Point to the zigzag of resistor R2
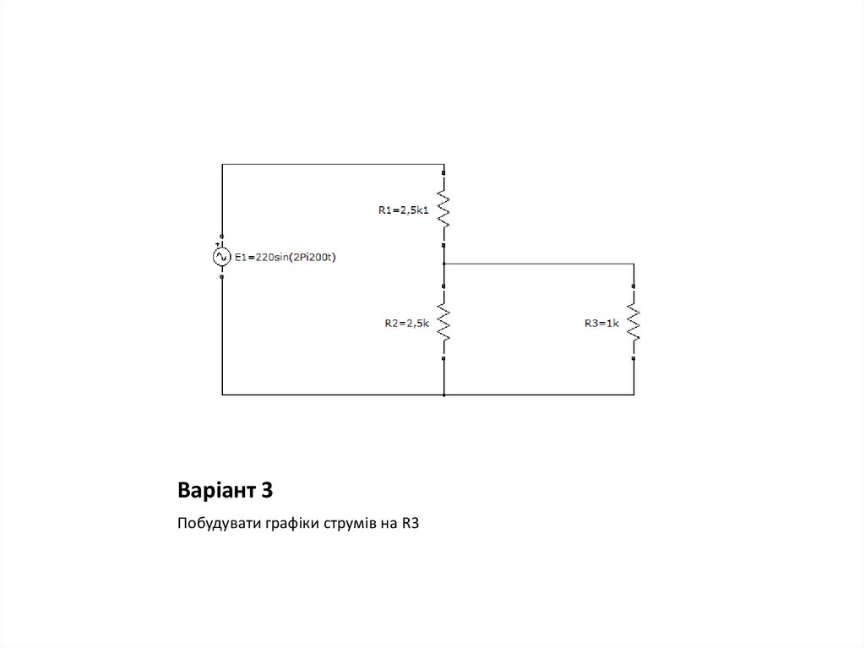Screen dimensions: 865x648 tap(443, 321)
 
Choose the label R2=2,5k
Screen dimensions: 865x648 tap(407, 322)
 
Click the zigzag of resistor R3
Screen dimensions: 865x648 tap(634, 321)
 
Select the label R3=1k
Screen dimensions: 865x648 tap(601, 322)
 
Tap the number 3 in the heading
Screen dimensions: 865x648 tap(267, 490)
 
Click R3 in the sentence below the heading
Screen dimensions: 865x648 tap(410, 525)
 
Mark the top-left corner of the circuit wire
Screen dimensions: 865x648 tap(222, 165)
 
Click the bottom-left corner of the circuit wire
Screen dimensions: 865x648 tap(222, 395)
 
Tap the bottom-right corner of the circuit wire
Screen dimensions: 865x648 tap(634, 395)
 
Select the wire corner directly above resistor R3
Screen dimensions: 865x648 tap(634, 264)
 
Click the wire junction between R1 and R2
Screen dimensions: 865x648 tap(443, 264)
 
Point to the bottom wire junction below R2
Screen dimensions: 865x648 tap(443, 395)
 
